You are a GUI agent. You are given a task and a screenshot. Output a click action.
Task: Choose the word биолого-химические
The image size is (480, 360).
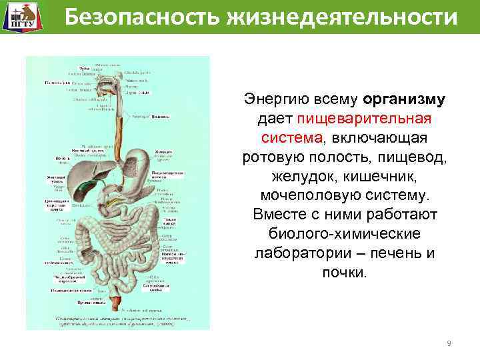coord(344,235)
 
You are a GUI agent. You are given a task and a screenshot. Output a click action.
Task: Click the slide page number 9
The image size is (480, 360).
coord(449,343)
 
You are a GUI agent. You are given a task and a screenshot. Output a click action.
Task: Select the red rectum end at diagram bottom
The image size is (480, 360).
coord(119,303)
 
